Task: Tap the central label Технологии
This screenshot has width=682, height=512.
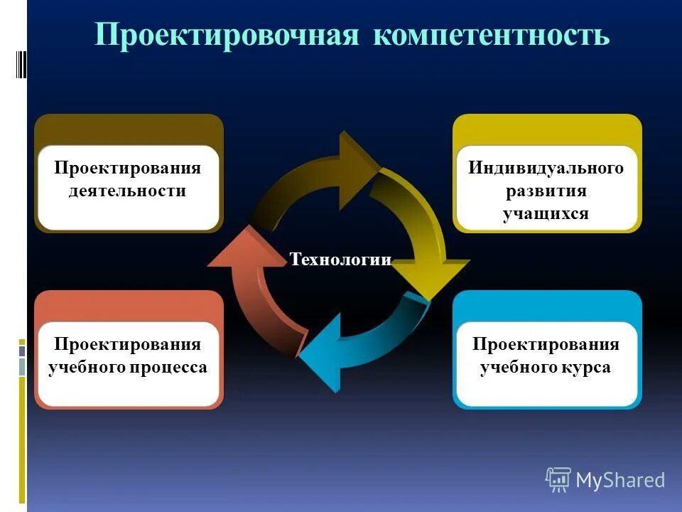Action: (x=340, y=260)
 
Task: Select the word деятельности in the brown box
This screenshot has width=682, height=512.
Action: (x=127, y=191)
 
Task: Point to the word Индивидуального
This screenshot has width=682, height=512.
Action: (x=546, y=169)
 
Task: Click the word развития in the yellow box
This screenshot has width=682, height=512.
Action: (x=546, y=191)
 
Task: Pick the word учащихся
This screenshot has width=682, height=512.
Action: (x=546, y=213)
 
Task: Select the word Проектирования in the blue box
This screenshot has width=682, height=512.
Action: (x=546, y=345)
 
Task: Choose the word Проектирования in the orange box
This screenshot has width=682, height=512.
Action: (x=127, y=345)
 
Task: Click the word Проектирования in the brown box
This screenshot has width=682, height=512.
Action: (x=127, y=169)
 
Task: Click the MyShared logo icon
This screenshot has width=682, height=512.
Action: (x=558, y=480)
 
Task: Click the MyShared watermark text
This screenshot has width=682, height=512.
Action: (x=619, y=480)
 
